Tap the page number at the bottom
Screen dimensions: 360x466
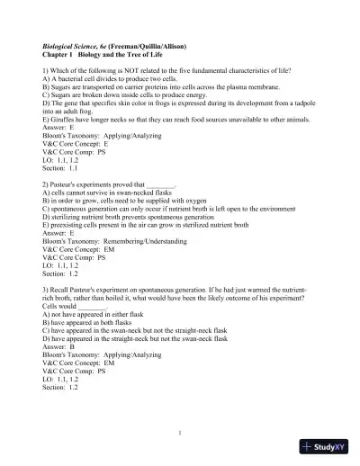[x=180, y=431]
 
